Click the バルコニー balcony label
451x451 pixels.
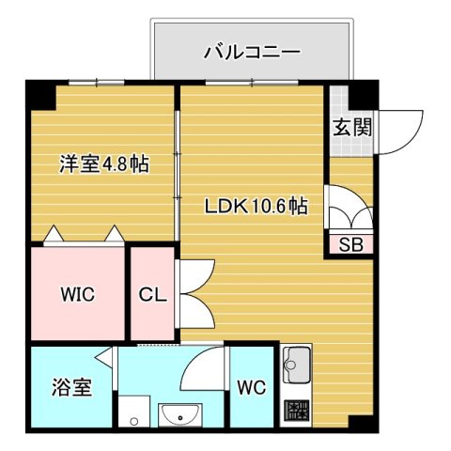point(252,52)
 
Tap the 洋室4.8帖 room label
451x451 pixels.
point(103,163)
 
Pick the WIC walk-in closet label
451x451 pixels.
point(78,293)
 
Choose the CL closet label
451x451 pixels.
point(152,294)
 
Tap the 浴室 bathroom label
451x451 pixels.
point(70,386)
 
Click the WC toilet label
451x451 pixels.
point(250,386)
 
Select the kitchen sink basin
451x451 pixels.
point(298,363)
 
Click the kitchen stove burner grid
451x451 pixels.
point(298,411)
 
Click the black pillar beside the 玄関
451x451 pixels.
point(364,94)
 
